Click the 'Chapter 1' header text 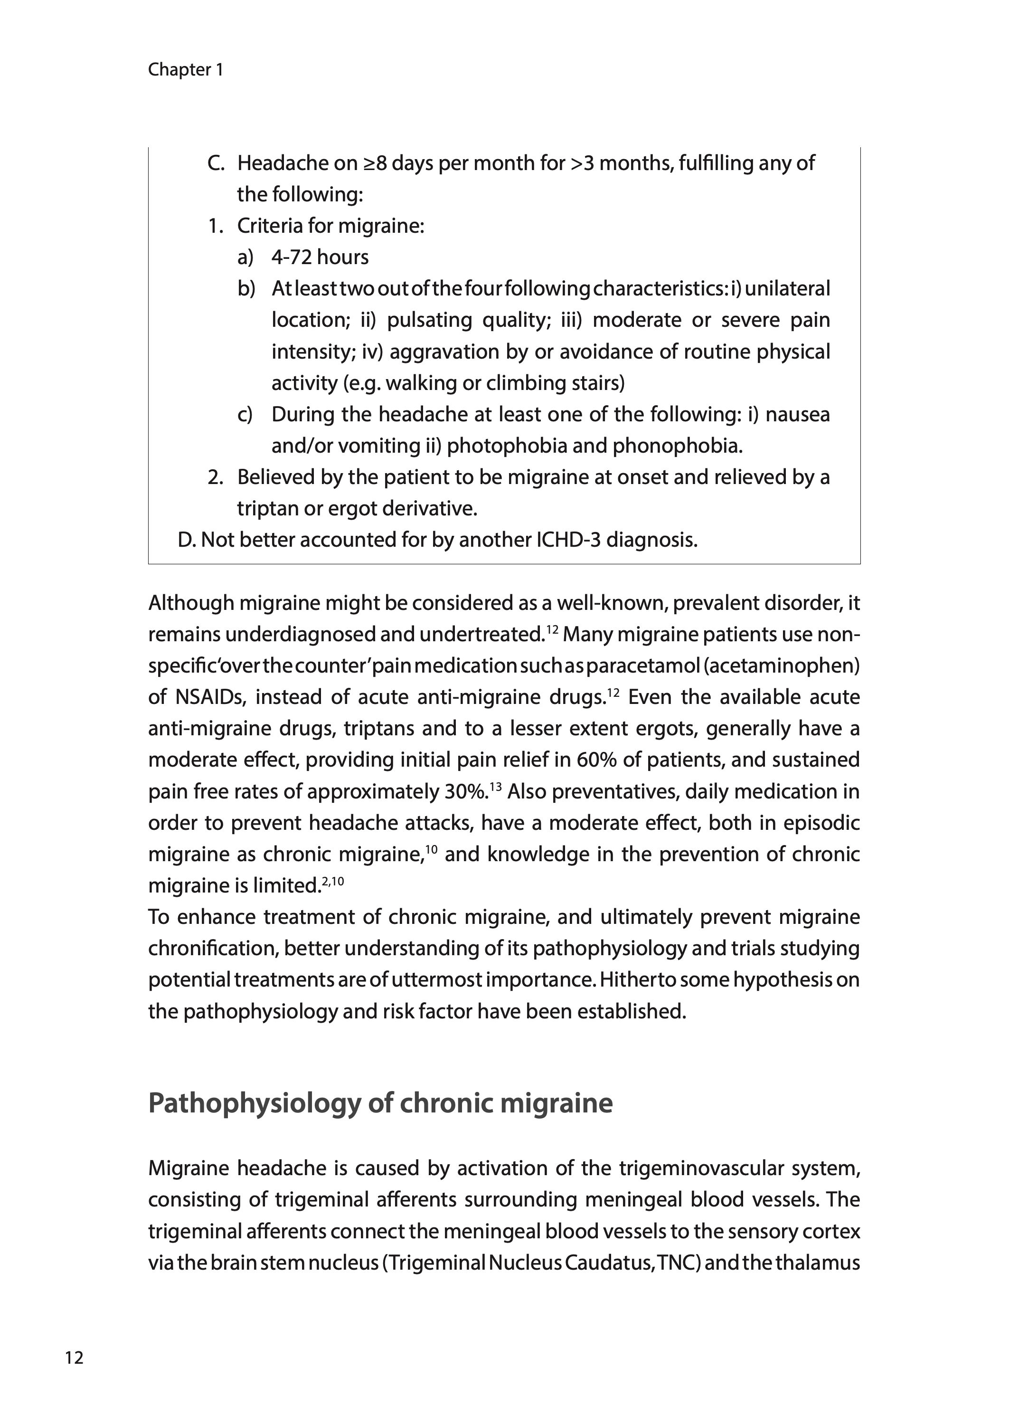click(185, 70)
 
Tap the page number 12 click(74, 1358)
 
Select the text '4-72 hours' click(320, 257)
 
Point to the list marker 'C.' click(216, 163)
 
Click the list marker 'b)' click(246, 289)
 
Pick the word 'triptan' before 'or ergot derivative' click(268, 509)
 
